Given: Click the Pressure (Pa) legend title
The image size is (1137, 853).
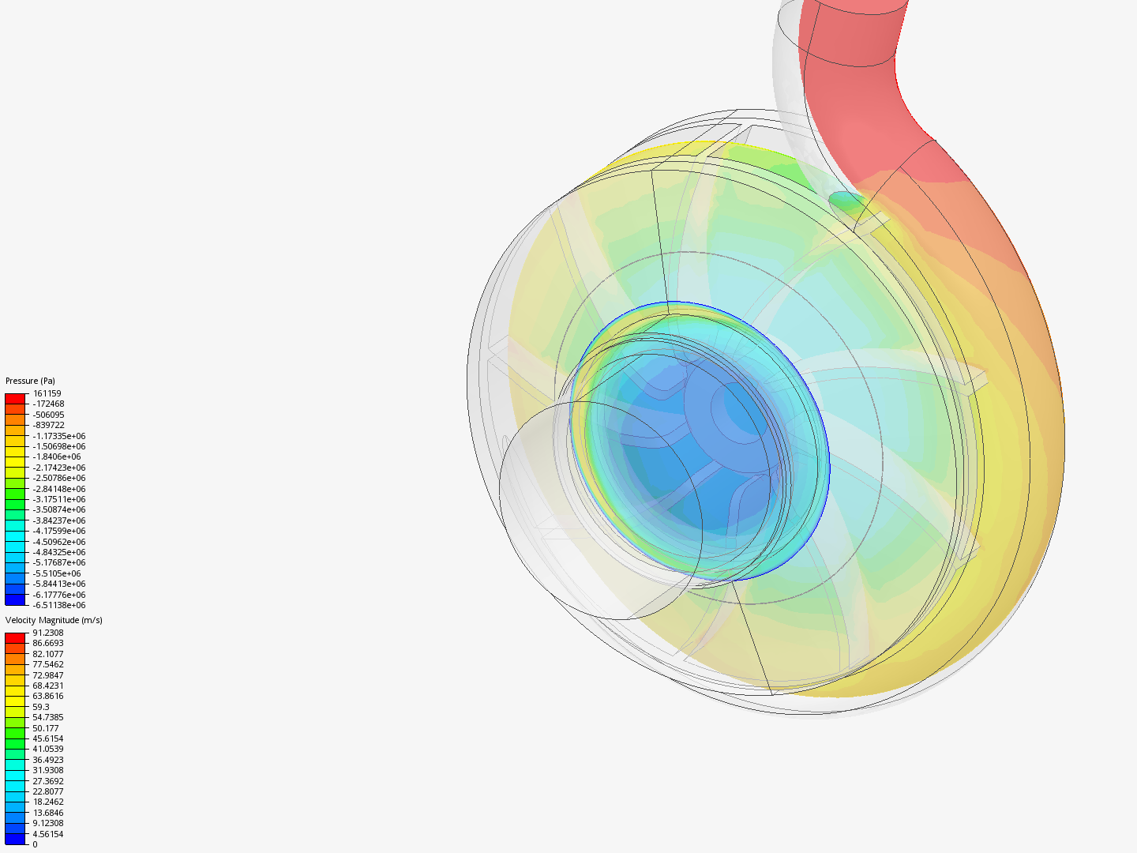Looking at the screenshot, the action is point(30,381).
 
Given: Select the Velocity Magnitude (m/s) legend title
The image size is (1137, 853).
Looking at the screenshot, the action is point(54,620).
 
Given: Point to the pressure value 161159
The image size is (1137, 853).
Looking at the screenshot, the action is point(47,393).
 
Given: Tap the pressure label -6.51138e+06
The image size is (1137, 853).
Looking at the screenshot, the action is point(59,605).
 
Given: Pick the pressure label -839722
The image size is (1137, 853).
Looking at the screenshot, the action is point(49,425).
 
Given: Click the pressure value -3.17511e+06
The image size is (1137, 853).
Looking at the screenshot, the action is point(59,499).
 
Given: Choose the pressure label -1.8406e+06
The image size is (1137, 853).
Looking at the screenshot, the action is point(57,457).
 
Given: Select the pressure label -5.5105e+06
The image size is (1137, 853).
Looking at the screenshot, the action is point(57,573).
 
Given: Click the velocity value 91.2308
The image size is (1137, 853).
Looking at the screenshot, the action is point(48,633).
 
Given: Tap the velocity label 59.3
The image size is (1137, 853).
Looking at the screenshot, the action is point(41,707).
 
